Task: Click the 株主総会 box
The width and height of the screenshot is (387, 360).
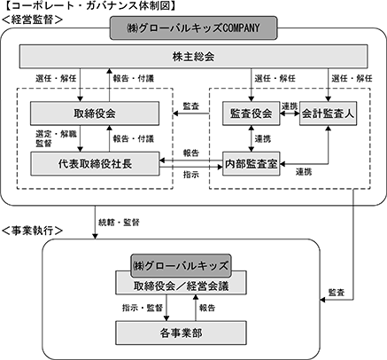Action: [x=194, y=56]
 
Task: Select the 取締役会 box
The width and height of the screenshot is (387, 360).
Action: [x=95, y=113]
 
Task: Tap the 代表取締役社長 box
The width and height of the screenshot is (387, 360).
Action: [x=95, y=164]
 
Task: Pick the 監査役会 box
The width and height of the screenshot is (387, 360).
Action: [x=251, y=113]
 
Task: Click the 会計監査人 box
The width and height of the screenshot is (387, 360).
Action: [x=328, y=113]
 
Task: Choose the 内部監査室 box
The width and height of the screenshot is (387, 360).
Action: [x=251, y=164]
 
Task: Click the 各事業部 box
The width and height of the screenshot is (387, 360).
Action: [x=181, y=333]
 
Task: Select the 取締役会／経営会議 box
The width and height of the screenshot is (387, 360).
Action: [x=181, y=286]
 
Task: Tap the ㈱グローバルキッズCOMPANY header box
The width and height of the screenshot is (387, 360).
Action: [x=194, y=28]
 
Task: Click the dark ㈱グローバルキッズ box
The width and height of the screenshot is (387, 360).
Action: [x=181, y=265]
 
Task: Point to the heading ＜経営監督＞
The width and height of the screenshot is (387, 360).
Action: [x=32, y=20]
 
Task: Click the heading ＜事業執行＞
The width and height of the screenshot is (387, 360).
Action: [x=32, y=231]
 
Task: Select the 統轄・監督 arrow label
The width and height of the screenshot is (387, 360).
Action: [x=119, y=223]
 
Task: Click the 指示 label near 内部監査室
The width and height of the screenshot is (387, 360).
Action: [x=191, y=175]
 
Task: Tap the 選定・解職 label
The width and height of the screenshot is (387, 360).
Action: [x=56, y=134]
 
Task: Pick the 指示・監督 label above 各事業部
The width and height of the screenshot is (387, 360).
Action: [x=143, y=308]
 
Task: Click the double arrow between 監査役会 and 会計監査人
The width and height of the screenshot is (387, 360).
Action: [x=290, y=113]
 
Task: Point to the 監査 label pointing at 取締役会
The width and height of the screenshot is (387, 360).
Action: [x=191, y=106]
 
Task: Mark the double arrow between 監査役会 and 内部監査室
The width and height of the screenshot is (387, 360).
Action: [x=252, y=138]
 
